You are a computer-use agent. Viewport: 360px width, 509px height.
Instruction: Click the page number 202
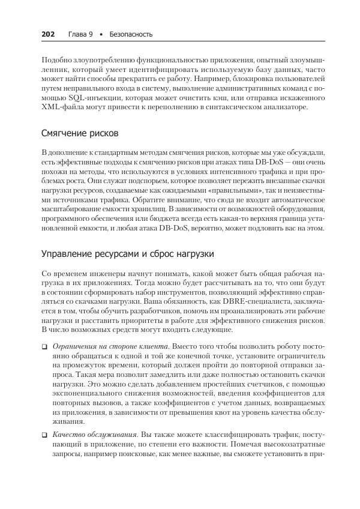point(49,34)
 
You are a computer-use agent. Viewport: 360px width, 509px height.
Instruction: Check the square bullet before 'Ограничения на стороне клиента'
point(45,347)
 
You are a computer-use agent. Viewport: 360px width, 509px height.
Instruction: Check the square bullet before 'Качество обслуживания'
point(45,434)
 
